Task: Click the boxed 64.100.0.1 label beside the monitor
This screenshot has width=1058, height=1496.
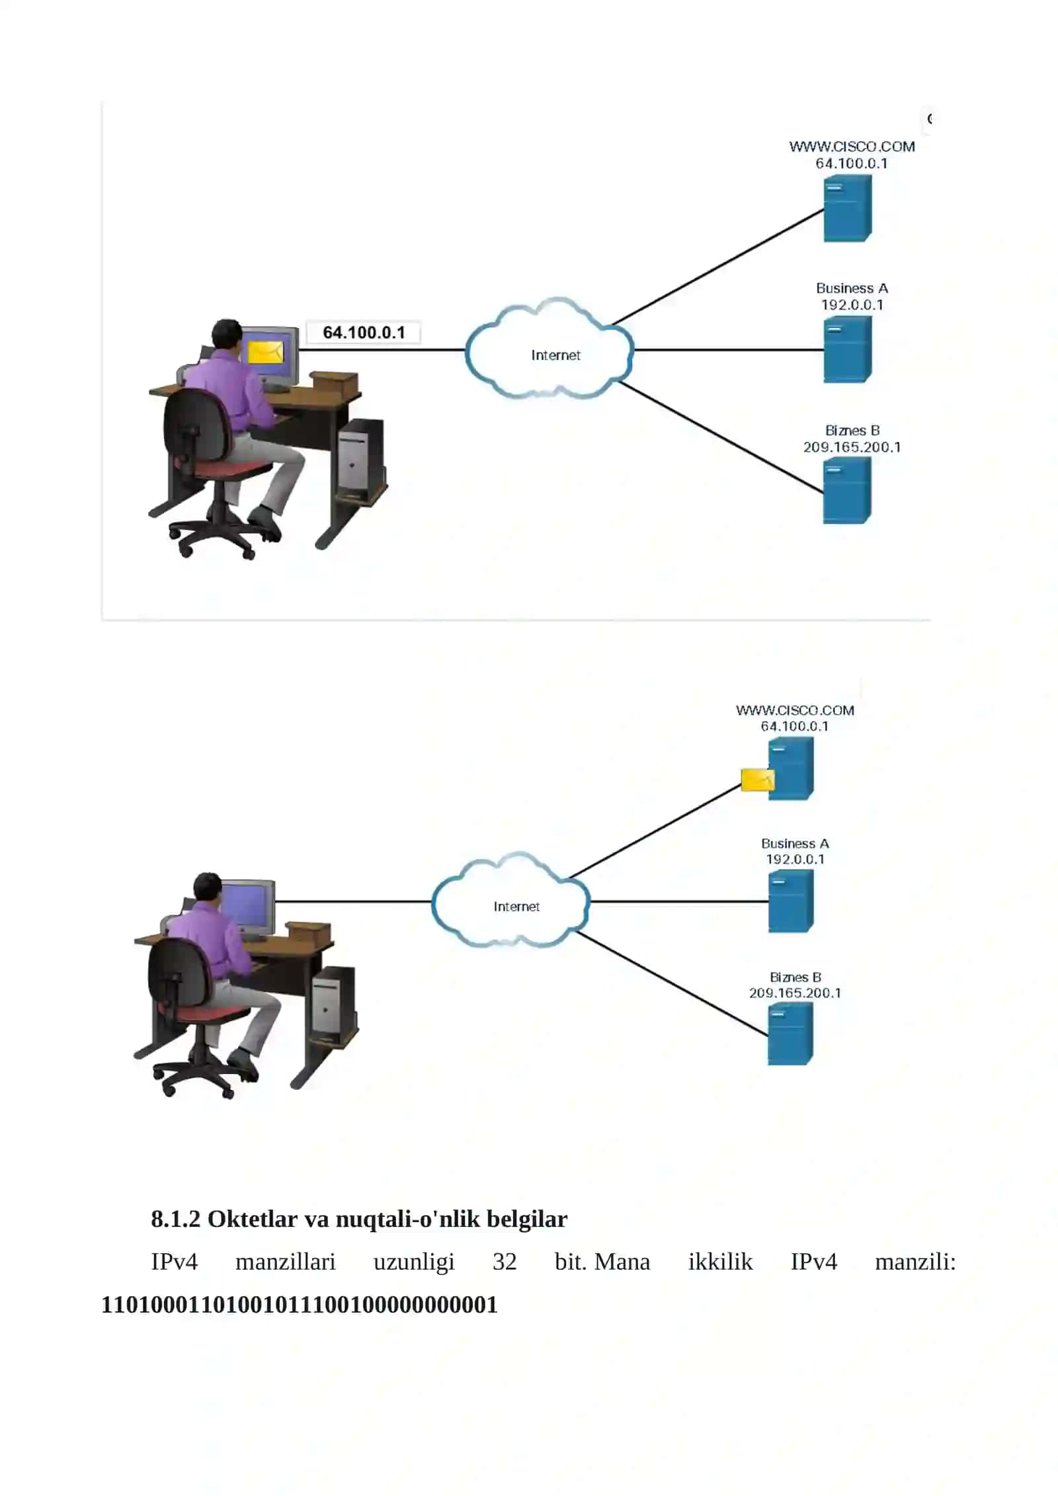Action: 363,333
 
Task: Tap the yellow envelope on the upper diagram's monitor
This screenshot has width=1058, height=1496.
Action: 265,352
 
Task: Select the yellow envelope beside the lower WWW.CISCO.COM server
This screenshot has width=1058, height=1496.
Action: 757,780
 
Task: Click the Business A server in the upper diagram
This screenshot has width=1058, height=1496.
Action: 848,349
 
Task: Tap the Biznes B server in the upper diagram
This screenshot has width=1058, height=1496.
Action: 847,491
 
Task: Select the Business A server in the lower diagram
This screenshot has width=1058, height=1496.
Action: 791,901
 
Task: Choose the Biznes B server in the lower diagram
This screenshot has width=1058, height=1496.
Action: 790,1034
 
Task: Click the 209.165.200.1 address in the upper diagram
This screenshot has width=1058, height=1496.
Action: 852,447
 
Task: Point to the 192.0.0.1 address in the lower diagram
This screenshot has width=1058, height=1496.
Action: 795,859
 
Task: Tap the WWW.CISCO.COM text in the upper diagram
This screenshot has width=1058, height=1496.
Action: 852,147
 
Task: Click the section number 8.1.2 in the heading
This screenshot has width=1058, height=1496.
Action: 175,1219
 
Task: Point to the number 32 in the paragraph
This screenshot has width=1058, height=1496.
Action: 505,1262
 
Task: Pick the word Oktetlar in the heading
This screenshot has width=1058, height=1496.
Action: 253,1219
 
